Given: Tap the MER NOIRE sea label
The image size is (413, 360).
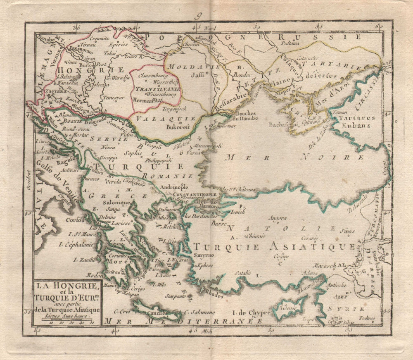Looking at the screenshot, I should pyautogui.click(x=295, y=157).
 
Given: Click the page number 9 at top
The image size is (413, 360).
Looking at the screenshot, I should pyautogui.click(x=198, y=17).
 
